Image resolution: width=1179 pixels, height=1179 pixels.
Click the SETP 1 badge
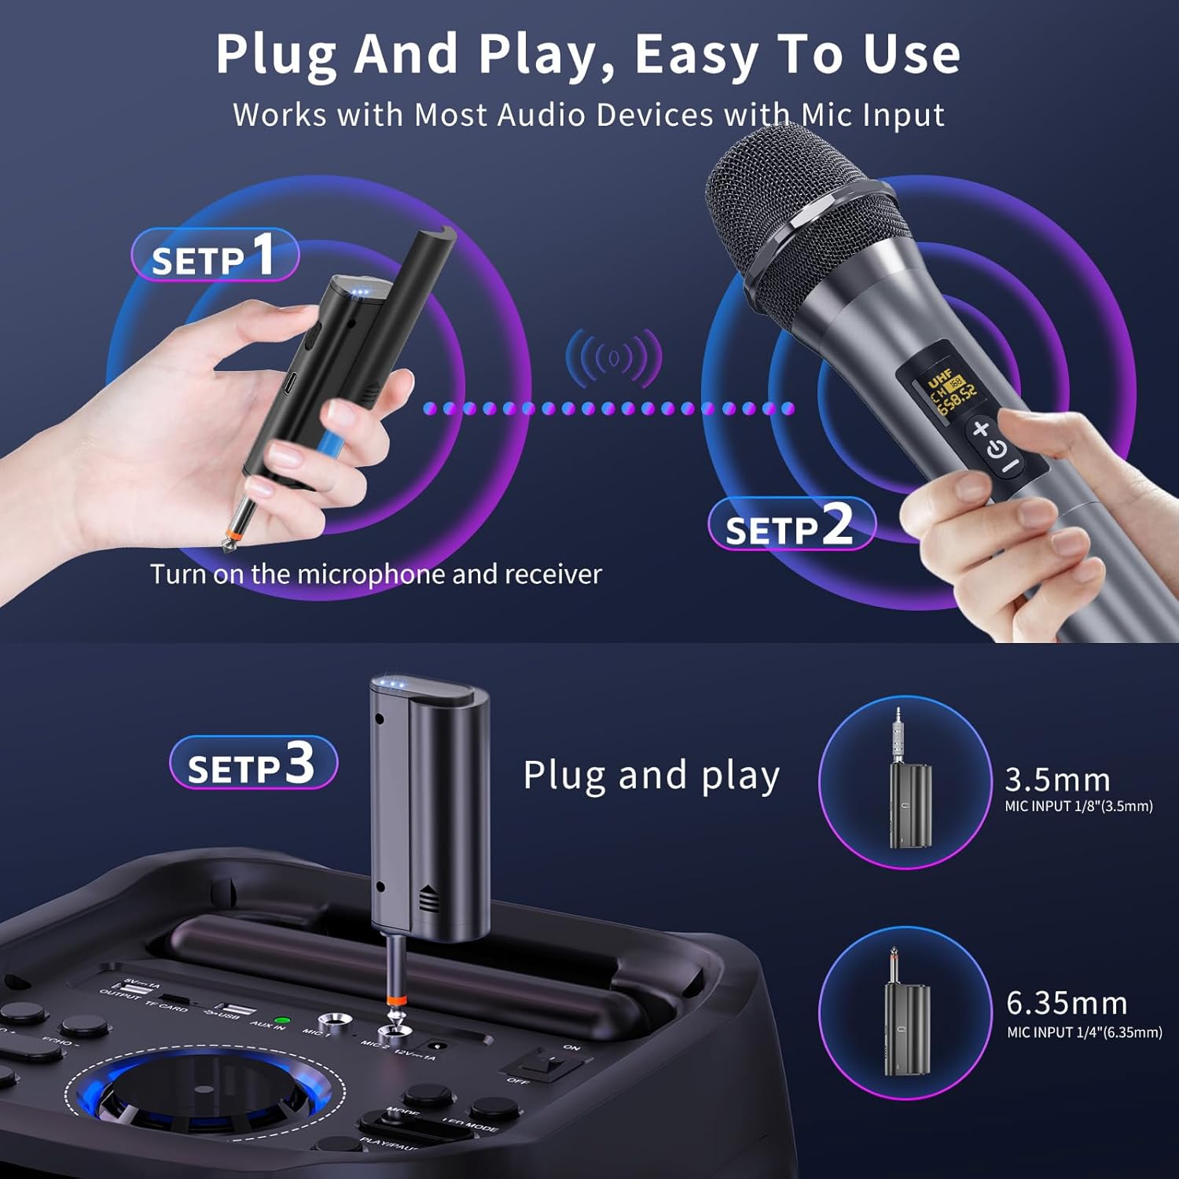(x=215, y=255)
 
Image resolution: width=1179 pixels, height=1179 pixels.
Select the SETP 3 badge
(x=253, y=762)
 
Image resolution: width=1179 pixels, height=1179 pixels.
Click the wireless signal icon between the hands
(x=614, y=358)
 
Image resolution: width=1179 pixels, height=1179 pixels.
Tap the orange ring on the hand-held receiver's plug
(x=230, y=535)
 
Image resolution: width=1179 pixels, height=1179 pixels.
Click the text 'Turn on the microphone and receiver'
(x=376, y=574)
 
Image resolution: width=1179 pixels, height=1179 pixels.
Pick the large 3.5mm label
(x=1057, y=780)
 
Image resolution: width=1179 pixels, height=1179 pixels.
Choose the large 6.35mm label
(x=1067, y=1004)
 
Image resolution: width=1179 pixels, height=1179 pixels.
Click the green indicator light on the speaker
(x=283, y=1020)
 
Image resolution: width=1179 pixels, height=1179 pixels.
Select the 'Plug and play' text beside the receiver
(x=651, y=775)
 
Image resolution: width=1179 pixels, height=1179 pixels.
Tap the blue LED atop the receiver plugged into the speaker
(x=391, y=684)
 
